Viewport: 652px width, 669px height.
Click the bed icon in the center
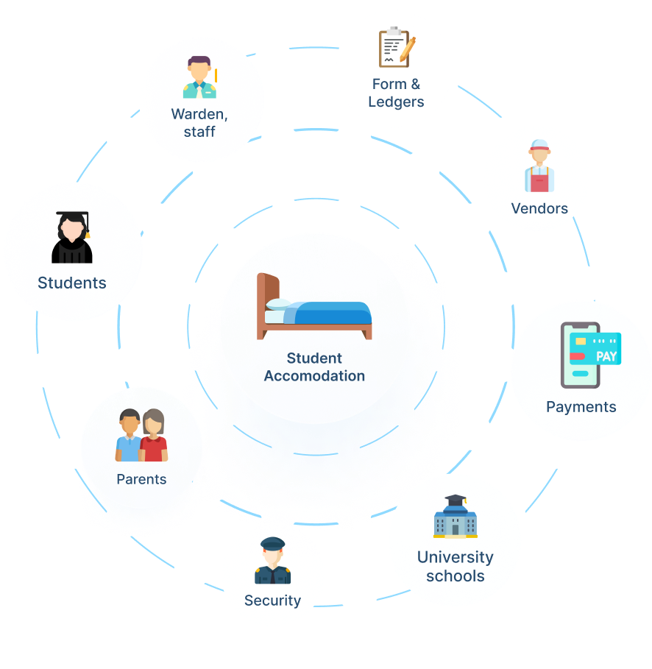coord(314,307)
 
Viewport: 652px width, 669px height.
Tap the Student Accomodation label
coord(314,367)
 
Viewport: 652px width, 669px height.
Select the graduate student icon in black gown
coord(72,237)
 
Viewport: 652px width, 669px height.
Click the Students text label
coord(72,283)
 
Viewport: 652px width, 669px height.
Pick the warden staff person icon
coord(199,77)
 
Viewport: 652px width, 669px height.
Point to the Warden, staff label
coord(199,123)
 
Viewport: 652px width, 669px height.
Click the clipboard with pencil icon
coord(396,48)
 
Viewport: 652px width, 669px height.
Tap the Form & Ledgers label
coord(396,93)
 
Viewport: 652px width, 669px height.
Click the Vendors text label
coord(539,208)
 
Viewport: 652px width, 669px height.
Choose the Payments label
coord(581,406)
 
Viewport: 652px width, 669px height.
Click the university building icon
coord(455,516)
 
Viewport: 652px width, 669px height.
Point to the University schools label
coord(455,566)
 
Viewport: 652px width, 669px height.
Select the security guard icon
coord(272,561)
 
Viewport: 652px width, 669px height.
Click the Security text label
coord(272,601)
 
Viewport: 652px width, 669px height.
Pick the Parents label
coord(141,479)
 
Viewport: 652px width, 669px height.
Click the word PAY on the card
coord(606,356)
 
